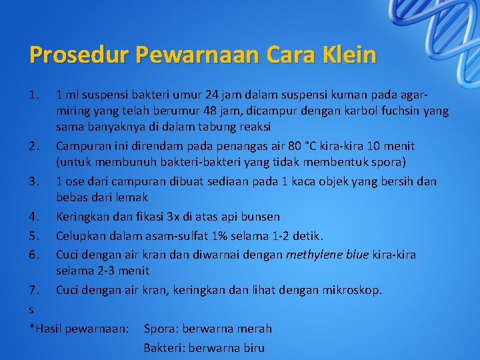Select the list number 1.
35,93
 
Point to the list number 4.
35,217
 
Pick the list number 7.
35,290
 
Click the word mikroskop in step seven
354,290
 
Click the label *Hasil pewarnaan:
79,329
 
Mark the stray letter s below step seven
32,310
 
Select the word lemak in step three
132,198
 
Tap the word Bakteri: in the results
164,348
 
